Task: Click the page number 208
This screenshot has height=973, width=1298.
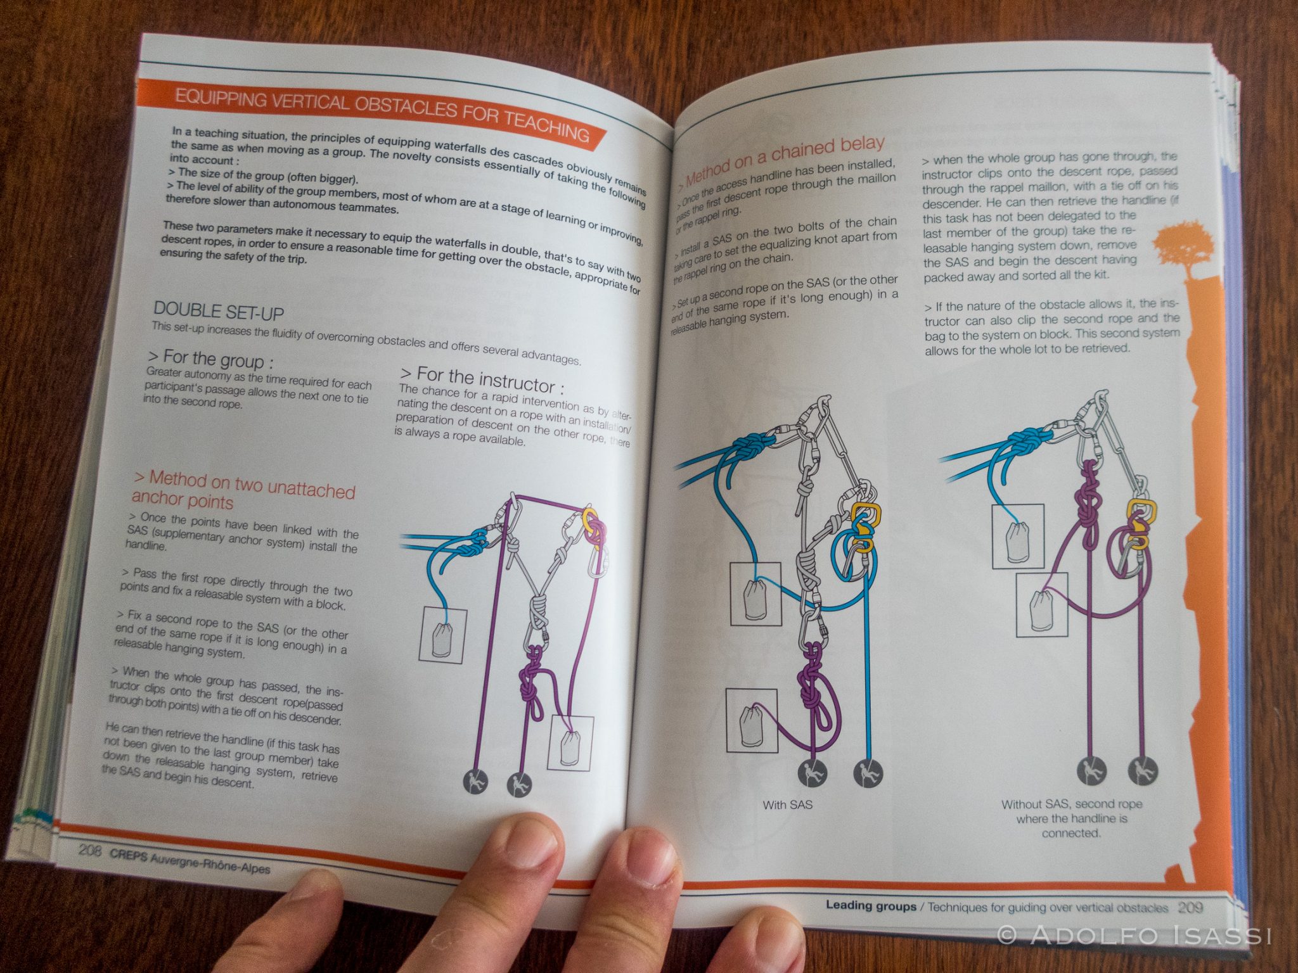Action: [90, 851]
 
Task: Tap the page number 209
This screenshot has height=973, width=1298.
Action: [1190, 907]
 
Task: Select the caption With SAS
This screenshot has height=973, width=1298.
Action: [787, 805]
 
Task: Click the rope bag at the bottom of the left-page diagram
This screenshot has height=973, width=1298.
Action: [571, 748]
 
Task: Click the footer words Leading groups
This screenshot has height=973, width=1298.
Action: [870, 906]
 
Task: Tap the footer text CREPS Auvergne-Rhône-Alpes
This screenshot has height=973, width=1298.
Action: [190, 860]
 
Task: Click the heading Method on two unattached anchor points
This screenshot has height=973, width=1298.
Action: [244, 491]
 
